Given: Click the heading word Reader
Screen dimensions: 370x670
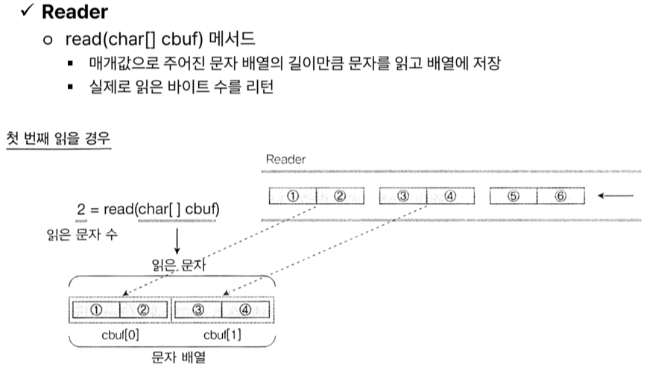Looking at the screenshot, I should pos(75,13).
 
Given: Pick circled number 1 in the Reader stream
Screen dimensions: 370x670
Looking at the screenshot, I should pos(293,196).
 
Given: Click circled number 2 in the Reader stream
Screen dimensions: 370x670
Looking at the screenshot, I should pos(340,196).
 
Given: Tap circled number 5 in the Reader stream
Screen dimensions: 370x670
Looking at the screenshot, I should pos(513,196).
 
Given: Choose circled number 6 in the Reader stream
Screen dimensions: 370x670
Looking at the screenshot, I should pos(560,196).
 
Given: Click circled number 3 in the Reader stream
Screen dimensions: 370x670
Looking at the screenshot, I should pos(403,196).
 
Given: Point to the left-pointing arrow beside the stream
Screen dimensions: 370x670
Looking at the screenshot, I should pos(616,196).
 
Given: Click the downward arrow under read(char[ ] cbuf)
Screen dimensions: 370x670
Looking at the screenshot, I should pos(177,241).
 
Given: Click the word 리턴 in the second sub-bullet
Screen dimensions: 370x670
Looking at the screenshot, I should pos(261,87).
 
